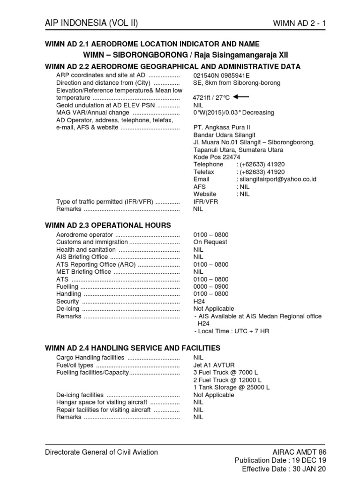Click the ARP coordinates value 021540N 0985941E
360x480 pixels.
tap(222, 75)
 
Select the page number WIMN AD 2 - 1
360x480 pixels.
tap(299, 23)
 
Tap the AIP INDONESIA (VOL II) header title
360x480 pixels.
tap(91, 23)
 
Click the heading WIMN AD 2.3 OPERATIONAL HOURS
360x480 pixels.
tap(107, 225)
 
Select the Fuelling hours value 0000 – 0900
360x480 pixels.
tap(211, 286)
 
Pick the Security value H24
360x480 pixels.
tap(199, 301)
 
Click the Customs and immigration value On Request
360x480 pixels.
tap(210, 242)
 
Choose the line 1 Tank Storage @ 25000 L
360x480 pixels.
tap(232, 387)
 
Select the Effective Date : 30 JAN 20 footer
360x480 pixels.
tap(284, 469)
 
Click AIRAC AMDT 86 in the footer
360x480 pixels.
tap(299, 452)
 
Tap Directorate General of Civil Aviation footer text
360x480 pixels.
tap(101, 452)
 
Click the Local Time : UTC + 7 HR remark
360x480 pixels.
tap(232, 331)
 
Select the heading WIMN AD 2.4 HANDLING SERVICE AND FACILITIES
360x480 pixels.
tap(132, 348)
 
